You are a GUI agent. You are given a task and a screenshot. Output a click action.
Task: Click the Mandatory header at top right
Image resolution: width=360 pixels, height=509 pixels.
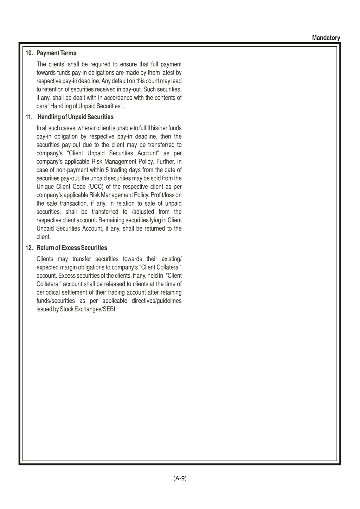point(326,38)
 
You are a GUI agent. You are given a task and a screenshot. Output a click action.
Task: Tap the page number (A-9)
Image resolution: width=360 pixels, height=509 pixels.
point(180,478)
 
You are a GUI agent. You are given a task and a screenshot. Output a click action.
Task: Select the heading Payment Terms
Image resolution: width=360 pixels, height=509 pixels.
point(56,53)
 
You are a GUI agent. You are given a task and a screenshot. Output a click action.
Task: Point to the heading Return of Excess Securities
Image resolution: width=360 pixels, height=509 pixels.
point(72,248)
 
